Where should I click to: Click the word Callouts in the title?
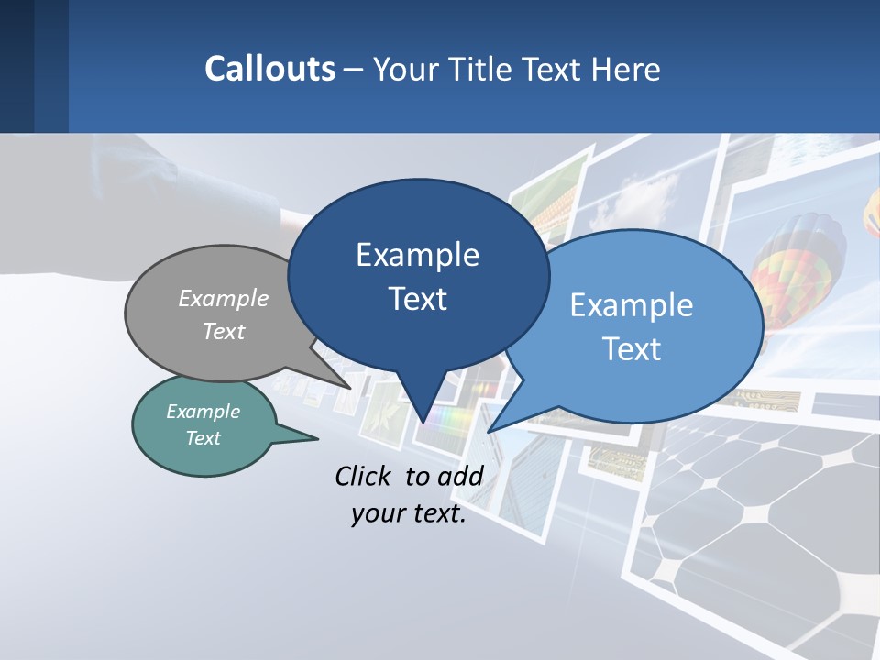pos(269,69)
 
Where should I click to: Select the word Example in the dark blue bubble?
pos(417,255)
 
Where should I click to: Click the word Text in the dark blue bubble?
pos(417,299)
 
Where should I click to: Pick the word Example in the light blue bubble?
pos(632,305)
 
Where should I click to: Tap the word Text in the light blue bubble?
pos(632,349)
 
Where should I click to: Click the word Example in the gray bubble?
pos(224,298)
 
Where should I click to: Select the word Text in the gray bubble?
pos(224,331)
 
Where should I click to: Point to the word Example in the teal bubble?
pos(203,412)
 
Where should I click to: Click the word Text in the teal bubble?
pos(203,438)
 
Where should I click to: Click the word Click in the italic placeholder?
pos(364,476)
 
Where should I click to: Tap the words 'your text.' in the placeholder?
pos(409,513)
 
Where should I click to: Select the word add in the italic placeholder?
pos(460,476)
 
